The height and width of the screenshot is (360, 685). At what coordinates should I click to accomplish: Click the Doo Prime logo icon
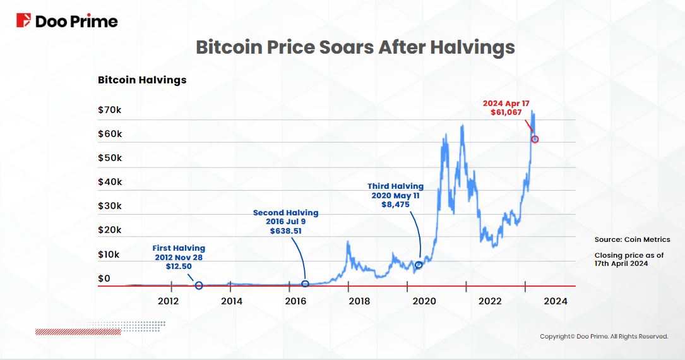click(x=24, y=21)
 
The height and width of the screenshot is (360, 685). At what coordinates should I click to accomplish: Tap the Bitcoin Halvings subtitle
click(x=142, y=80)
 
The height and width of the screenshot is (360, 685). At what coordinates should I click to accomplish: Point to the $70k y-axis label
click(x=110, y=110)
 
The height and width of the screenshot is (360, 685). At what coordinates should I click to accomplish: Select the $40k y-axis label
click(x=110, y=182)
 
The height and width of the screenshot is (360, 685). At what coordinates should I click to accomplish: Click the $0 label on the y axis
click(x=104, y=279)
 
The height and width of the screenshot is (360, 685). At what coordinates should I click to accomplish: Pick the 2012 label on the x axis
click(x=169, y=301)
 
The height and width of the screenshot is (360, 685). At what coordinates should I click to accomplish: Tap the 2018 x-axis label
click(x=359, y=301)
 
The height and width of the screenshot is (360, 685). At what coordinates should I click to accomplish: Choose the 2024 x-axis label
click(x=556, y=301)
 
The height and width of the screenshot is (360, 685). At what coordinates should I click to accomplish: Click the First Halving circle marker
click(x=199, y=285)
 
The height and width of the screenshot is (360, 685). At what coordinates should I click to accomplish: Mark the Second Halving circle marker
click(x=305, y=284)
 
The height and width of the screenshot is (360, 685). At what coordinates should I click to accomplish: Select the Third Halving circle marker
click(x=418, y=265)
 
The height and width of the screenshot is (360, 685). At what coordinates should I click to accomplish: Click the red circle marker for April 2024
click(x=535, y=139)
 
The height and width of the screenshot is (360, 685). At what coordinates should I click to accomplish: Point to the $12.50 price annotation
click(x=179, y=267)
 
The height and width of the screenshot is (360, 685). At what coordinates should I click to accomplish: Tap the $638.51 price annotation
click(x=285, y=232)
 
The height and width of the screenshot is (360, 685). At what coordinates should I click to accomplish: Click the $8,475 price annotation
click(x=396, y=205)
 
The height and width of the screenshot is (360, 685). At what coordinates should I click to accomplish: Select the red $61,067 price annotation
click(x=506, y=112)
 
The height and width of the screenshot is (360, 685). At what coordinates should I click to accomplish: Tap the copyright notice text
click(x=604, y=337)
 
